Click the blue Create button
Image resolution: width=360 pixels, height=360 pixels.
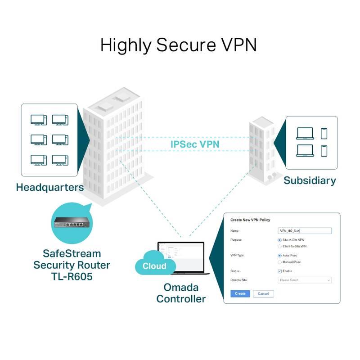point(240,293)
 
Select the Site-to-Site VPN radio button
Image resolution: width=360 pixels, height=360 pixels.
point(280,240)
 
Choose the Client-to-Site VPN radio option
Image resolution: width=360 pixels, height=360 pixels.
point(280,247)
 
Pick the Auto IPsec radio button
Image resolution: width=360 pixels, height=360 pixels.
point(280,255)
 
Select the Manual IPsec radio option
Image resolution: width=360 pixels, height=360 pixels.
point(280,262)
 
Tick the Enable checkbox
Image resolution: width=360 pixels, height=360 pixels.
point(280,271)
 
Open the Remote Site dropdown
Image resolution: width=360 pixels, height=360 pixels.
point(305,280)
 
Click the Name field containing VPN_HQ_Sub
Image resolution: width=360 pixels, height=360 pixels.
point(305,231)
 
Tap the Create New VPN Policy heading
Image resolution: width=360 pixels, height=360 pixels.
point(251,220)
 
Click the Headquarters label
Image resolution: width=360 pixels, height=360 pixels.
point(50,187)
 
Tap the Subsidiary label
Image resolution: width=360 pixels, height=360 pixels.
point(310,180)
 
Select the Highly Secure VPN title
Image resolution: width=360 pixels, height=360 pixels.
point(179,45)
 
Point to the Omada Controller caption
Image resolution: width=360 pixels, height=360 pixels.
point(181,293)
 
